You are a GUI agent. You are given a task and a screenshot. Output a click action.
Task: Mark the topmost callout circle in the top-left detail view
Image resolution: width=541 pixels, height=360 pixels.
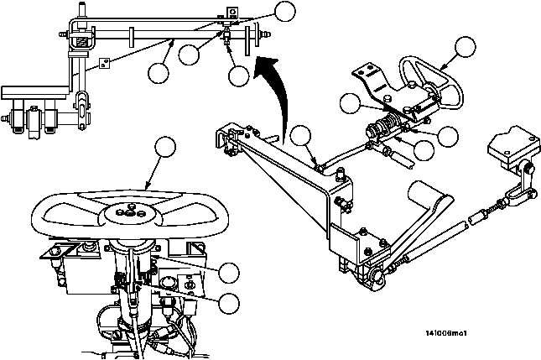[286, 11]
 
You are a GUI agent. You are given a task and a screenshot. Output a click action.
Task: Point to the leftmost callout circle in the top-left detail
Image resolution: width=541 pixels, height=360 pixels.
[157, 73]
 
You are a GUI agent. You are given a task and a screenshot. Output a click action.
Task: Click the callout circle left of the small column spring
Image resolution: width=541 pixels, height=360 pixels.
[351, 103]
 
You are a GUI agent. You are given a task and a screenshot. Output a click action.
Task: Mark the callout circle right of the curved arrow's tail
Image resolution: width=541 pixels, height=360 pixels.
[301, 135]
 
